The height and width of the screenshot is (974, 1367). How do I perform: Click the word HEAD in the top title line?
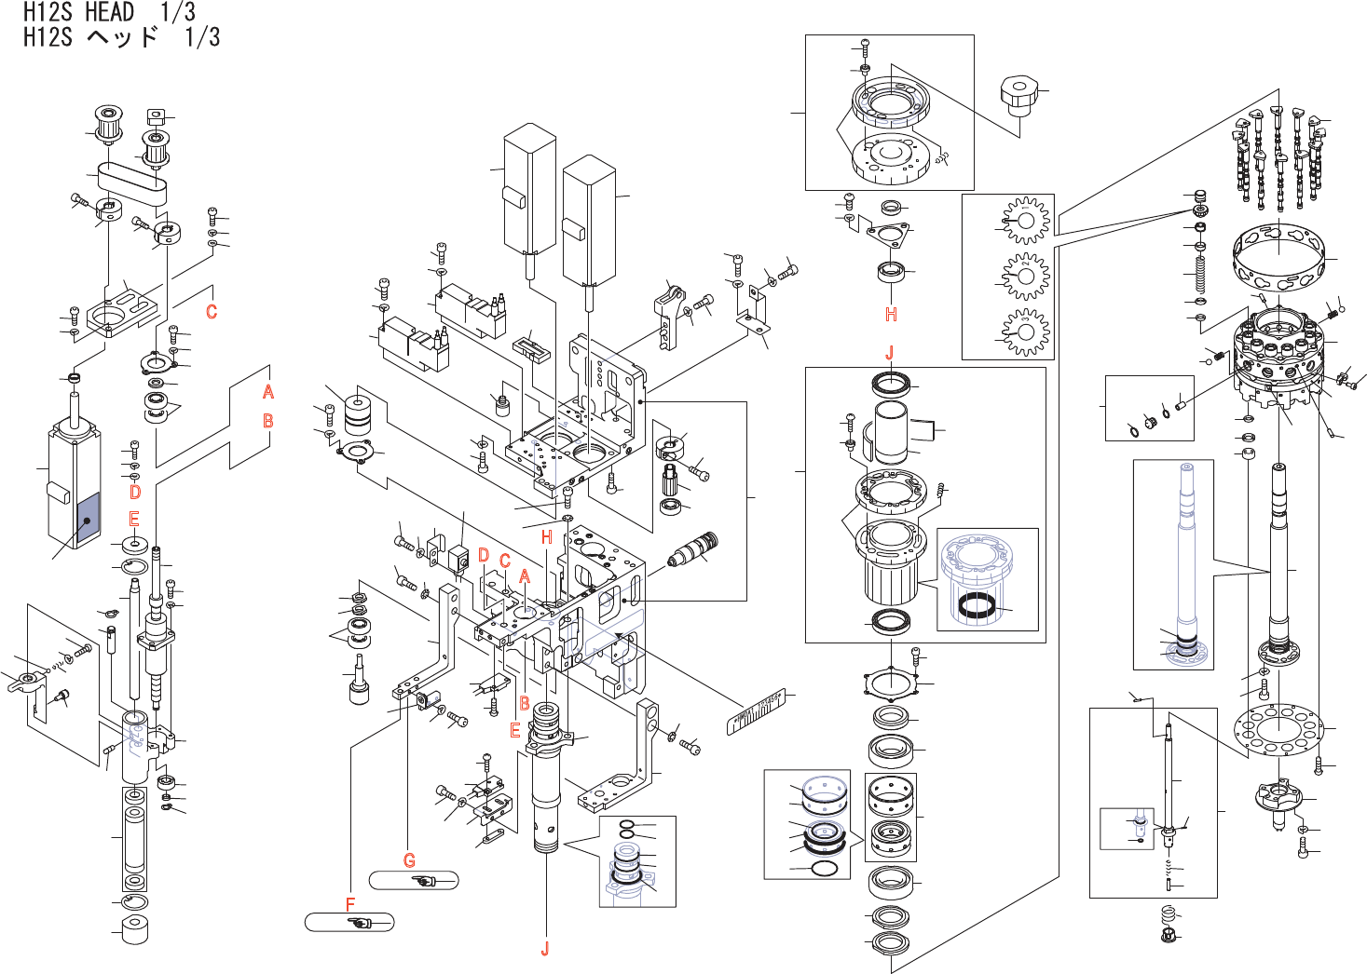[110, 12]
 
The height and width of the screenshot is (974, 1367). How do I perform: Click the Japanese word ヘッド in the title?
[122, 37]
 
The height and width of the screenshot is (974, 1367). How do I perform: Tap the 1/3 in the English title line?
[177, 12]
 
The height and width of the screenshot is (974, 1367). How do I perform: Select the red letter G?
[409, 860]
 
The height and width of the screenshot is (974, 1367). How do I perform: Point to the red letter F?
[350, 904]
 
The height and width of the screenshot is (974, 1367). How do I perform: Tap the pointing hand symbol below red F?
[360, 923]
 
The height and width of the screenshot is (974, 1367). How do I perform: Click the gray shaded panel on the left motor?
[87, 518]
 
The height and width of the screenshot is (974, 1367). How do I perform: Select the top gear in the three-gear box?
[1026, 222]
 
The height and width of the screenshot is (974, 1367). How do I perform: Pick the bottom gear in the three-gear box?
[1026, 331]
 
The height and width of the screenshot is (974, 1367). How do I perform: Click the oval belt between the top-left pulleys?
[131, 183]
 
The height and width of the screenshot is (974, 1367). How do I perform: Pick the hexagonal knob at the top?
[1018, 95]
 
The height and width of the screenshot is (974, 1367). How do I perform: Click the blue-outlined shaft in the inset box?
[1186, 559]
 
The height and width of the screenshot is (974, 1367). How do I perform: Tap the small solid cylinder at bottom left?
[135, 930]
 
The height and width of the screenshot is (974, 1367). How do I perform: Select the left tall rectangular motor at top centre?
[529, 191]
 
